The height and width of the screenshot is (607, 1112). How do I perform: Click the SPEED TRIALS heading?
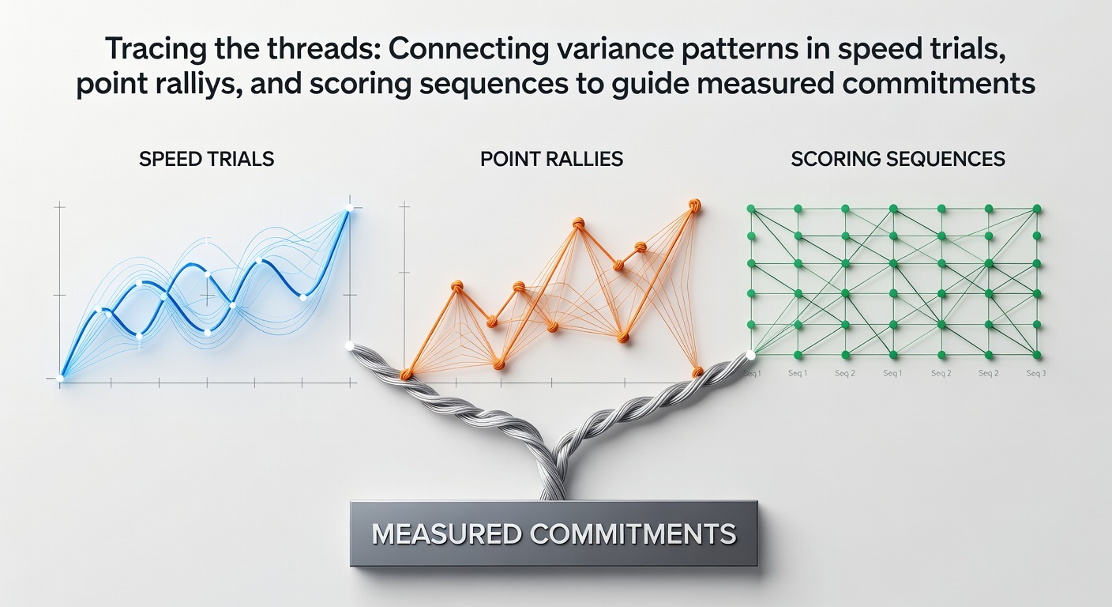click(206, 159)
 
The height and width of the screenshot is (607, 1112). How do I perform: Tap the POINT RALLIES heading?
click(551, 159)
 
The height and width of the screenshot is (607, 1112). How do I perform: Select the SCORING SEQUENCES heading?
click(898, 159)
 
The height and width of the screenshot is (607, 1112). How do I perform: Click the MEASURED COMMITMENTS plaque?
click(554, 534)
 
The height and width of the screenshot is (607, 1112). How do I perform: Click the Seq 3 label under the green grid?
click(1036, 373)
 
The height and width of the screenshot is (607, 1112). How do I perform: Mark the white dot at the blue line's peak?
click(349, 208)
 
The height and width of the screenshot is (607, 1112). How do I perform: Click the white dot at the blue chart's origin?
click(60, 378)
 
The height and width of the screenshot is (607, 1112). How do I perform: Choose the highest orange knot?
click(694, 205)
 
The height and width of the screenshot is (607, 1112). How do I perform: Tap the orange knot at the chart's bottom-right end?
click(697, 371)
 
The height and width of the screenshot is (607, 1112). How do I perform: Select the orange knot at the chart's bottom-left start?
click(406, 375)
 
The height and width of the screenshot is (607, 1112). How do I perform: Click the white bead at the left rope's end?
click(350, 345)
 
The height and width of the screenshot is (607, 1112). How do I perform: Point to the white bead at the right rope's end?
click(750, 355)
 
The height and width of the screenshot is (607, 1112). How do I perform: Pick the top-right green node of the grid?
click(1036, 209)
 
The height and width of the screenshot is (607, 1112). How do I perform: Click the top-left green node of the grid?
click(751, 209)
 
